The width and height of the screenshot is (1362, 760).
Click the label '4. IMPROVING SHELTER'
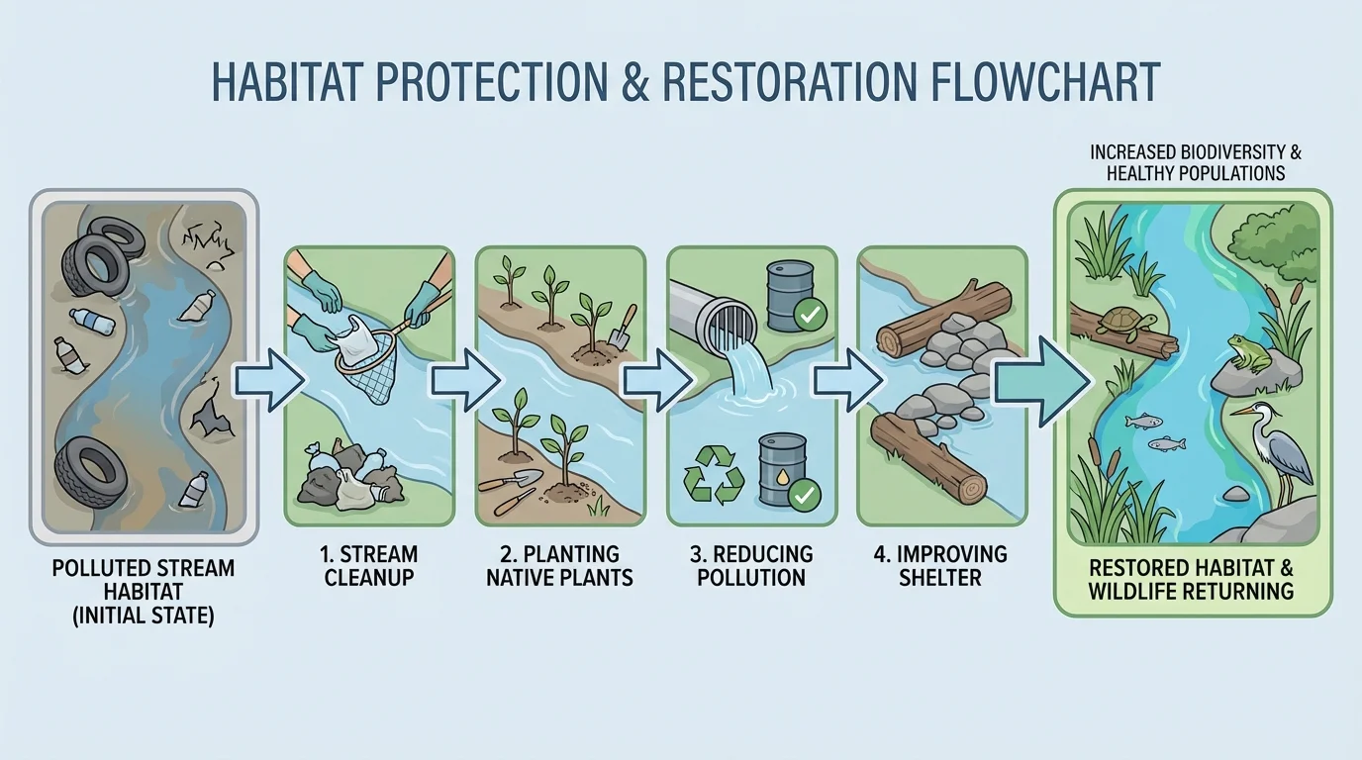tap(940, 565)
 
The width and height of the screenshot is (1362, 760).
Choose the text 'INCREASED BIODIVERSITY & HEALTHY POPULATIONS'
tap(1195, 163)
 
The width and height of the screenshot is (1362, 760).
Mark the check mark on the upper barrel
tap(810, 316)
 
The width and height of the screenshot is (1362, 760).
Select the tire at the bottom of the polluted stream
tap(92, 473)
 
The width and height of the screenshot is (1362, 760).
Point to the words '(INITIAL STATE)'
tap(143, 615)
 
